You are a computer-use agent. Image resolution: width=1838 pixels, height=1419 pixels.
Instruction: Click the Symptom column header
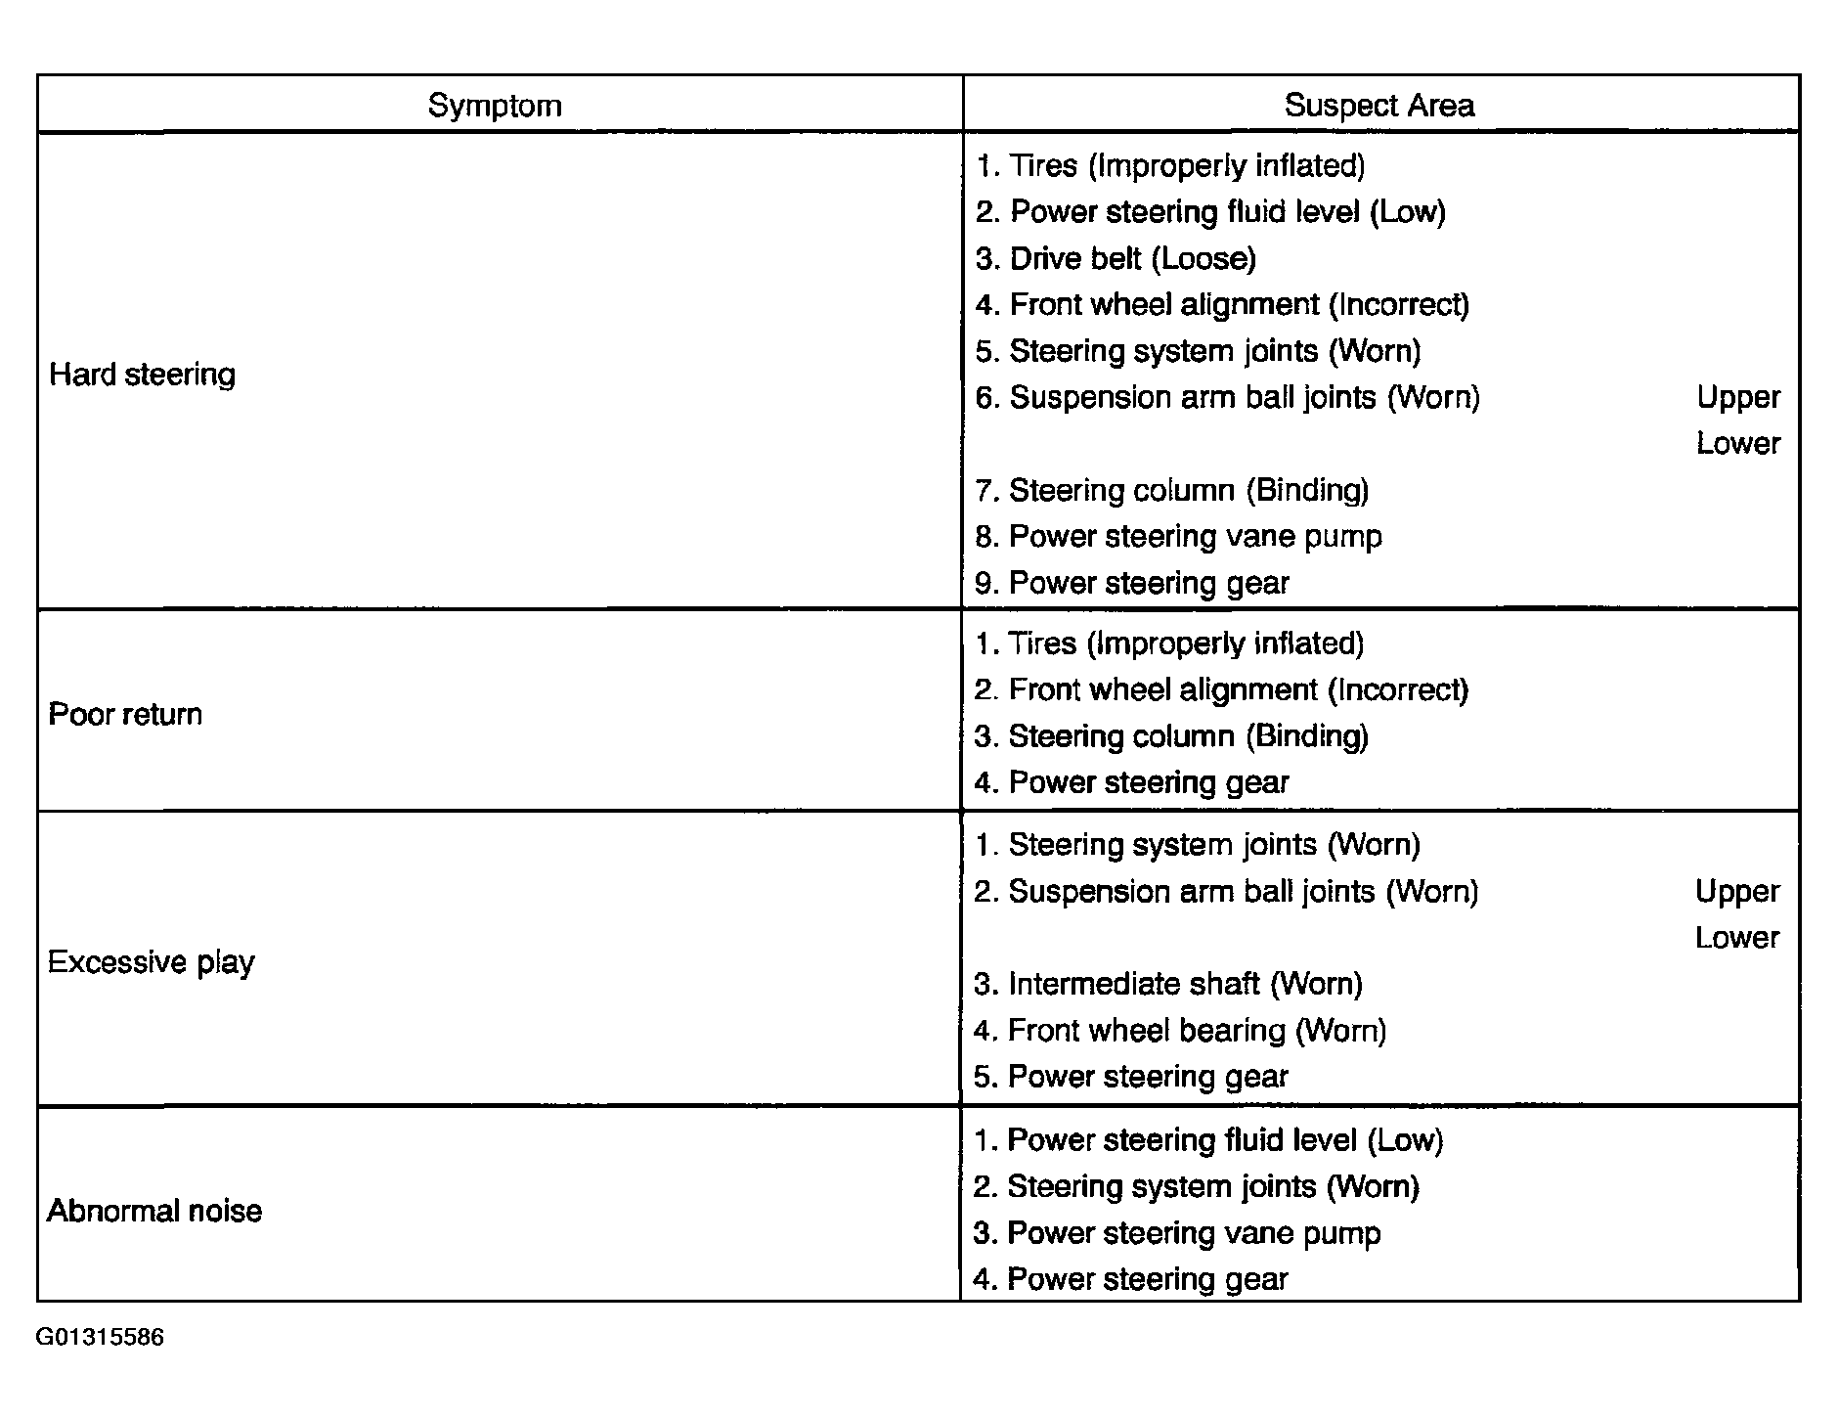(x=495, y=106)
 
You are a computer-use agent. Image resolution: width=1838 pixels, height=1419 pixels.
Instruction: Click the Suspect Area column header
(x=1378, y=106)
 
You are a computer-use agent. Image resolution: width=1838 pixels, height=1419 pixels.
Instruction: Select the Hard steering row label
(x=143, y=375)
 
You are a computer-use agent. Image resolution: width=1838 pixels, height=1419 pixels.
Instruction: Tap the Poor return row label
(x=125, y=715)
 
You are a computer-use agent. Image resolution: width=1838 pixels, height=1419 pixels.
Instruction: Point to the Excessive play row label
(x=152, y=963)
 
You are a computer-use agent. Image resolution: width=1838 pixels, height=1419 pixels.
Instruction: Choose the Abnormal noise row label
(x=154, y=1212)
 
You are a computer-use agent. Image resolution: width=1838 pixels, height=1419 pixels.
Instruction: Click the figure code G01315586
(x=101, y=1337)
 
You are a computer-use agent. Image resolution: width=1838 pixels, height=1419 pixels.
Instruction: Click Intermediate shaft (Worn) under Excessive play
(x=1168, y=984)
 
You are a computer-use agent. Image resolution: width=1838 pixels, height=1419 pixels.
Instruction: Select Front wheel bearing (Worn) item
(x=1180, y=1031)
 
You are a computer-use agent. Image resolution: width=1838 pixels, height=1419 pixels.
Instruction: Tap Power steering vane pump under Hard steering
(x=1179, y=537)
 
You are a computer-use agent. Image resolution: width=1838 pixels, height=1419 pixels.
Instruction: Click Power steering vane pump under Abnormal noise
(x=1177, y=1233)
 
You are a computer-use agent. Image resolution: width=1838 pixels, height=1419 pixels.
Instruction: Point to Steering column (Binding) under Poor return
(x=1171, y=736)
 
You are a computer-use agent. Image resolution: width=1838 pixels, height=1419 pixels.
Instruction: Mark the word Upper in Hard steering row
(x=1738, y=397)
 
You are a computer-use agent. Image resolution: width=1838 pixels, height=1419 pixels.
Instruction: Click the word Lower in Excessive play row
(x=1737, y=938)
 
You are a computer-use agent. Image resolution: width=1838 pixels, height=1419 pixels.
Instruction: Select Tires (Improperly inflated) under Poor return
(x=1169, y=643)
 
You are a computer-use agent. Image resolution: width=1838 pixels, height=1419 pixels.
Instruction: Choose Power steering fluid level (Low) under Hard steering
(x=1210, y=212)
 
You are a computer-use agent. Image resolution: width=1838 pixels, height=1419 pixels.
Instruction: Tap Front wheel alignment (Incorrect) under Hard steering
(x=1222, y=305)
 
